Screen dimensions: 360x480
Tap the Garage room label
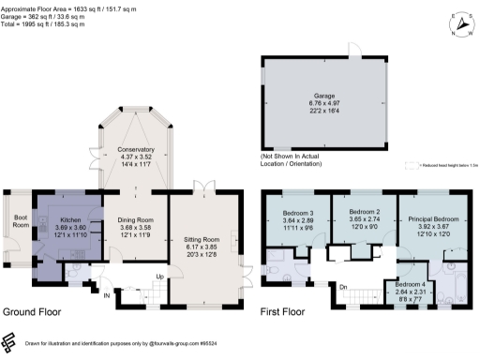(323, 95)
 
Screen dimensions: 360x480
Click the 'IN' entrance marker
(107, 296)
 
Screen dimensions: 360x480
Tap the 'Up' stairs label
(161, 277)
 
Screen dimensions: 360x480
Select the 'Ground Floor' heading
(35, 311)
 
